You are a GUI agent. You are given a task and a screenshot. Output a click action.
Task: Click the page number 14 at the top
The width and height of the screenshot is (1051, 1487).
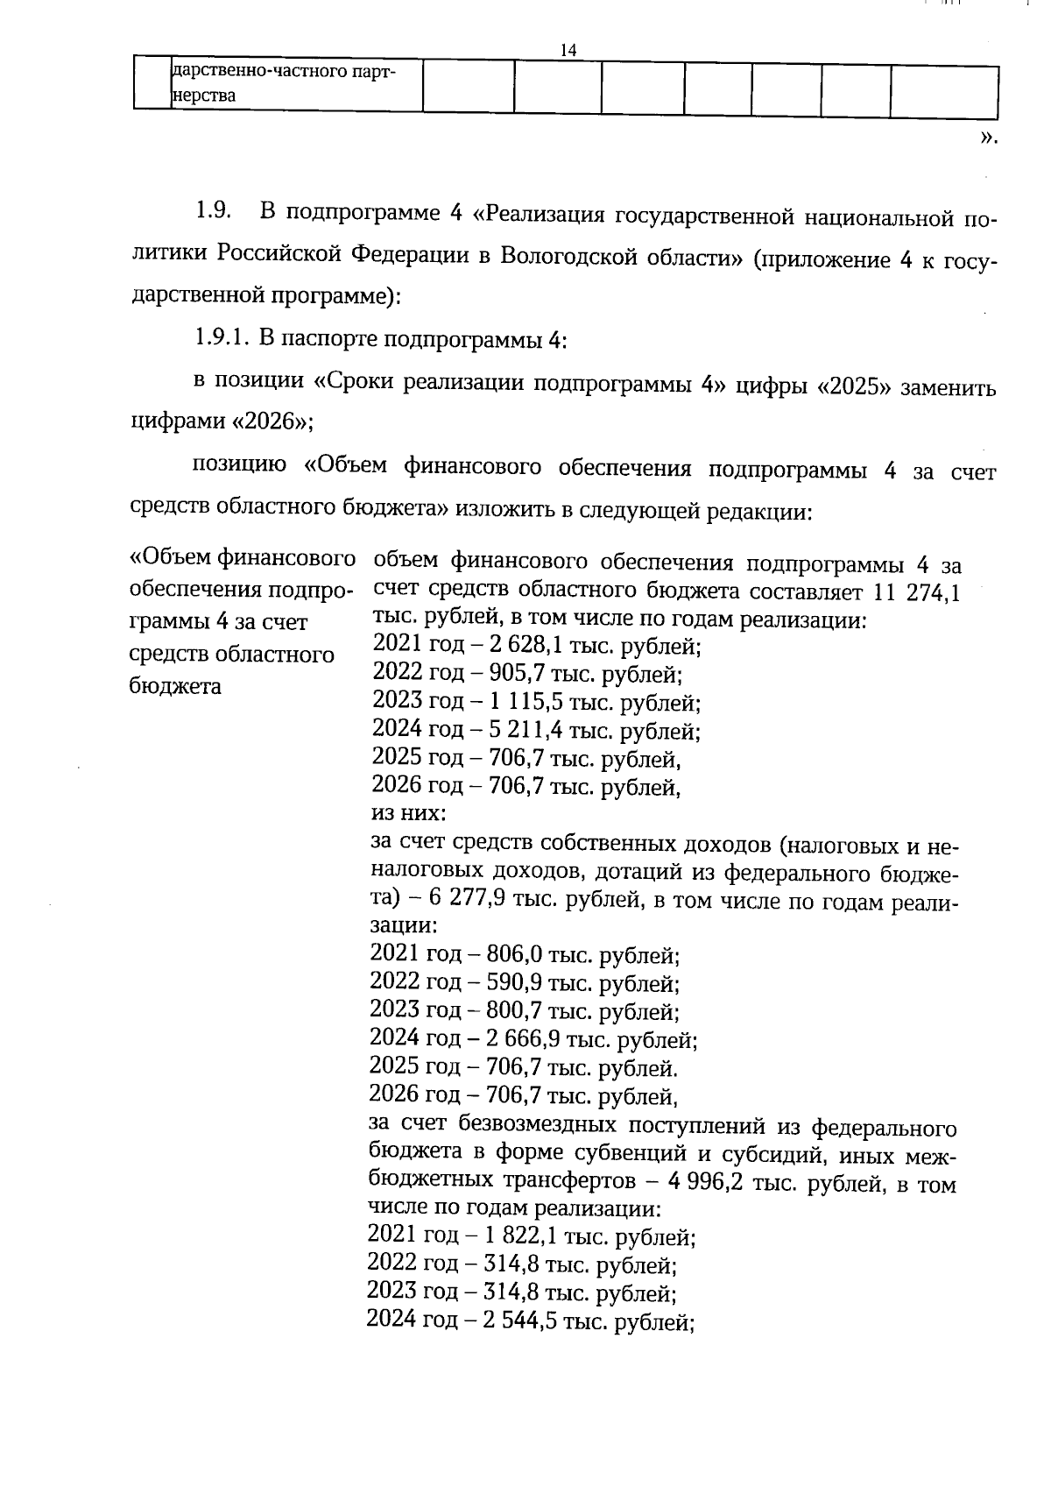pyautogui.click(x=568, y=51)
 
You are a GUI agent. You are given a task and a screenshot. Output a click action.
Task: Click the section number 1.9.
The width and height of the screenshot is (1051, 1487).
pyautogui.click(x=212, y=211)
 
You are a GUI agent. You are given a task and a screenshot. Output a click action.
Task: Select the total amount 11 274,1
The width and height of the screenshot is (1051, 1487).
pyautogui.click(x=917, y=593)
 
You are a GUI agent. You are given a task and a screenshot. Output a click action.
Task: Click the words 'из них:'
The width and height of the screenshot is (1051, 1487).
pyautogui.click(x=408, y=814)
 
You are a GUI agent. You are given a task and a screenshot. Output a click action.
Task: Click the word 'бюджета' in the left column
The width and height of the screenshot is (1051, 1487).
pyautogui.click(x=175, y=686)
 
